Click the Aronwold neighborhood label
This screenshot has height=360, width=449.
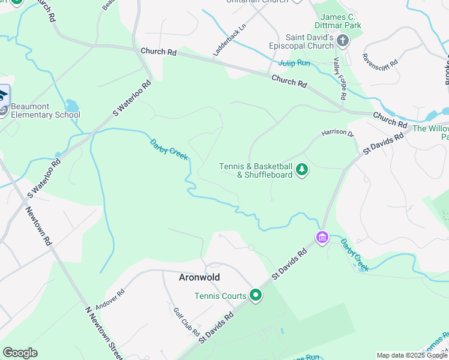[x=199, y=277]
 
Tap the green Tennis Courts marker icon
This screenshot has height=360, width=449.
[x=256, y=295]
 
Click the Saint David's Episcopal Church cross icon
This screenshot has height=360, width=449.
[x=342, y=41]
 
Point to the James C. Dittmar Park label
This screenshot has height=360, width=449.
[x=340, y=22]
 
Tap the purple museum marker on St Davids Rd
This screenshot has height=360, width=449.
[x=322, y=238]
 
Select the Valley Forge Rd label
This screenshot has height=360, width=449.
[x=340, y=79]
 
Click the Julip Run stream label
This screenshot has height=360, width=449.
[x=294, y=63]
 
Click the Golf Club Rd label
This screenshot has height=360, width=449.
[x=186, y=322]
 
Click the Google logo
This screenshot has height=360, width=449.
[x=20, y=353]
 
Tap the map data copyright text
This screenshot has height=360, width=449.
[x=412, y=355]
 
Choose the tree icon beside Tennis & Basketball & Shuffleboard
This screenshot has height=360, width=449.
[x=302, y=170]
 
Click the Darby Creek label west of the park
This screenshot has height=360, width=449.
[x=169, y=150]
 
